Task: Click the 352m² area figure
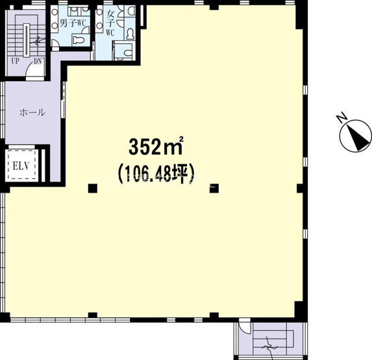tap(156, 147)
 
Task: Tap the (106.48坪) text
tap(156, 173)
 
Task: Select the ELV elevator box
tap(19, 166)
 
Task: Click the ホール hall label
tap(32, 112)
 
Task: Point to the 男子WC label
tap(73, 23)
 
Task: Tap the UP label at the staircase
tap(14, 62)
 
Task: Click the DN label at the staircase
tap(38, 62)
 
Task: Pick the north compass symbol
tap(356, 136)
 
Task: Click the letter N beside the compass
tap(341, 117)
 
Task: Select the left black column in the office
tap(93, 188)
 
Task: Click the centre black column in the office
tap(216, 188)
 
